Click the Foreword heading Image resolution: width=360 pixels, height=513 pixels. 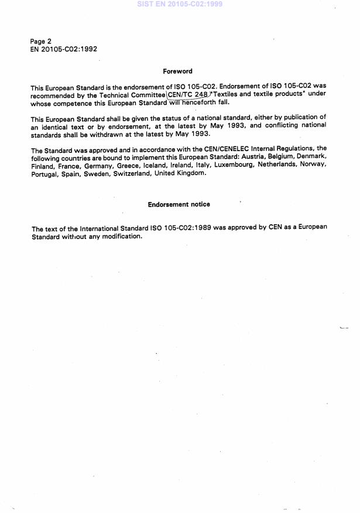pyautogui.click(x=177, y=71)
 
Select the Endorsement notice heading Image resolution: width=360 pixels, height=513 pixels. pyautogui.click(x=179, y=204)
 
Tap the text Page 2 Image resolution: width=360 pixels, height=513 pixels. pyautogui.click(x=41, y=42)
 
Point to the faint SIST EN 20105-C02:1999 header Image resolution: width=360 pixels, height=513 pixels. pyautogui.click(x=180, y=4)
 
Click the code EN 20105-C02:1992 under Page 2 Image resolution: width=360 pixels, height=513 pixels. pyautogui.click(x=64, y=49)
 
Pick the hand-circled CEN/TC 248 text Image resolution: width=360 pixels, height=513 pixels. pyautogui.click(x=188, y=94)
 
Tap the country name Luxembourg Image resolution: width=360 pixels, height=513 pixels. pyautogui.click(x=236, y=166)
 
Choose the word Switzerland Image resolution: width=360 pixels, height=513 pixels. pyautogui.click(x=132, y=173)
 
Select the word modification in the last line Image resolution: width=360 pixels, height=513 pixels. pyautogui.click(x=122, y=237)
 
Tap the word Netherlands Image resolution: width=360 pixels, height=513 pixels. pyautogui.click(x=280, y=166)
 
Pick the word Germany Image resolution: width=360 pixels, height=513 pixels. pyautogui.click(x=94, y=166)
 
